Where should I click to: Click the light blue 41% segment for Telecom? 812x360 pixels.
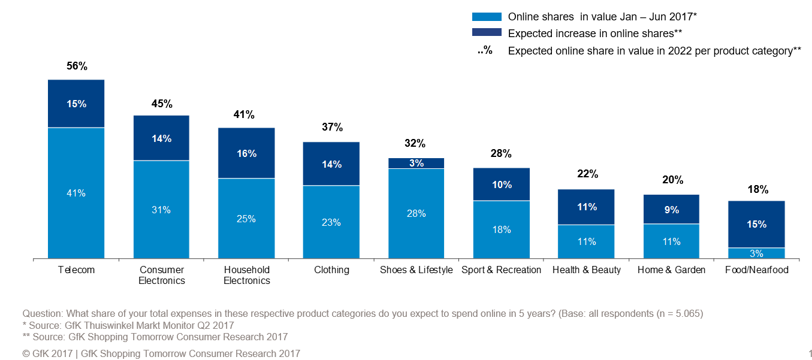(76, 193)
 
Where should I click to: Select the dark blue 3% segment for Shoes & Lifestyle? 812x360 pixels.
(416, 163)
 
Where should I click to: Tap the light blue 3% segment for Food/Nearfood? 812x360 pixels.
(756, 253)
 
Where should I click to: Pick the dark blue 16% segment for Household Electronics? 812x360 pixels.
(246, 153)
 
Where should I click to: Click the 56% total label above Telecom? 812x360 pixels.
(77, 66)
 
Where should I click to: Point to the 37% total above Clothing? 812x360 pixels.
(331, 127)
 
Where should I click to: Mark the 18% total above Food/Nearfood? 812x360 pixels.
(757, 189)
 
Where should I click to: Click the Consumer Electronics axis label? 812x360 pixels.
(162, 275)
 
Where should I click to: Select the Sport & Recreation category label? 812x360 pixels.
(501, 270)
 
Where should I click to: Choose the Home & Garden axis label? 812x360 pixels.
(671, 270)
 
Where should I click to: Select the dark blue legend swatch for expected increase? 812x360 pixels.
(486, 34)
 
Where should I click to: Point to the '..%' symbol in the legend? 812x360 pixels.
(485, 51)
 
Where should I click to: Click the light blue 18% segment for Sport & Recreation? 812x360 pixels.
(502, 229)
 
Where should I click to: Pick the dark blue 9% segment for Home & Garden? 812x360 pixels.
(671, 209)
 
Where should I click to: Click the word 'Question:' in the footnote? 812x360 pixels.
(43, 314)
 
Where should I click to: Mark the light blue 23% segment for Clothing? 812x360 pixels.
(331, 222)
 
